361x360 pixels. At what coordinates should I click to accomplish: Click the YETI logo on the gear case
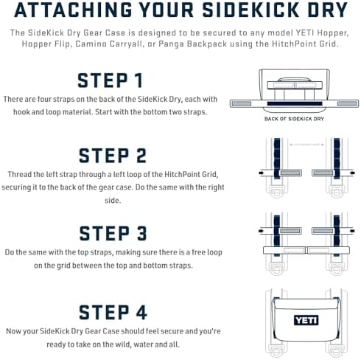click(306, 320)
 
